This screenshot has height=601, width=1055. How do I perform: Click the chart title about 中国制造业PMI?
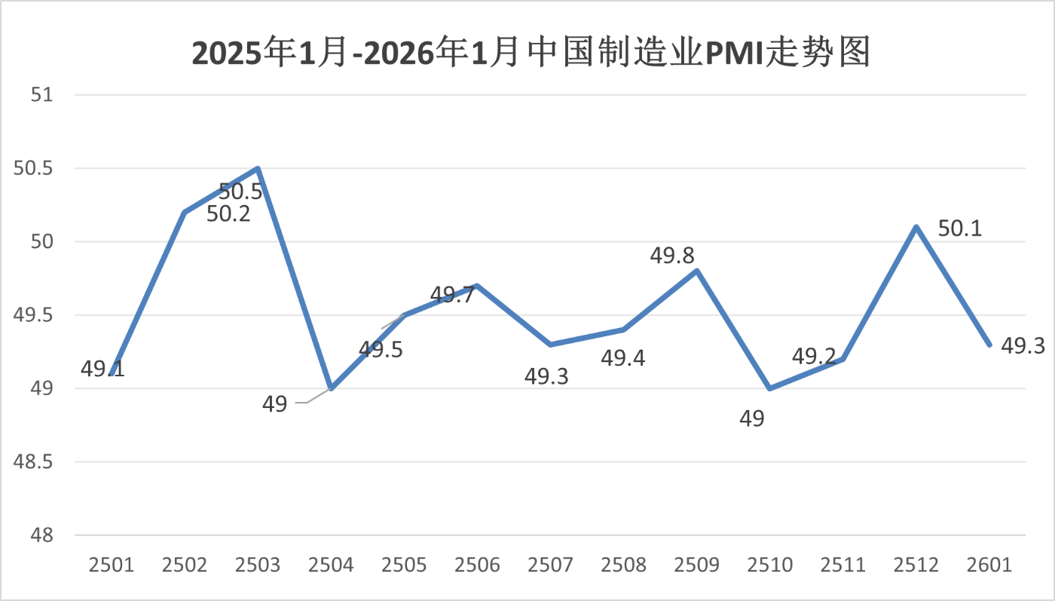tap(531, 54)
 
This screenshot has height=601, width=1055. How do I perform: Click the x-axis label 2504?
tap(332, 566)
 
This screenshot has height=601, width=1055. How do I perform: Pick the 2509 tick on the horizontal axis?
tap(698, 566)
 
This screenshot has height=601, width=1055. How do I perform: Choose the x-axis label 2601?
tap(989, 566)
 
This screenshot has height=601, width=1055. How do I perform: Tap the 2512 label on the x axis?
tap(916, 566)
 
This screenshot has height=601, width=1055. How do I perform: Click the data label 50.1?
tap(960, 228)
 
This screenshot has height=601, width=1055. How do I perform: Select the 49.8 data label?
tap(672, 256)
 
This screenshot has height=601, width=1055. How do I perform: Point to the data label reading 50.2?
tap(229, 214)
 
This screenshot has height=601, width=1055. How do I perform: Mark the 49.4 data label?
tap(623, 358)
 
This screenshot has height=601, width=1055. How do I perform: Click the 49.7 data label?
tap(452, 295)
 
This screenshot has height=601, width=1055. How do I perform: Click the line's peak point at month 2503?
tap(258, 168)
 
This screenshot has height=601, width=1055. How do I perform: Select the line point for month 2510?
tap(769, 388)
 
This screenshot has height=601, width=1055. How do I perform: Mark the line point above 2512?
tap(916, 227)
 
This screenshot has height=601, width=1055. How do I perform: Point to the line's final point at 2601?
tap(989, 345)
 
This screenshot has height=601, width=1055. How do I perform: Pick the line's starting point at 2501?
tap(112, 373)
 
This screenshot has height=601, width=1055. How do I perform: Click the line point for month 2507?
tap(551, 345)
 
